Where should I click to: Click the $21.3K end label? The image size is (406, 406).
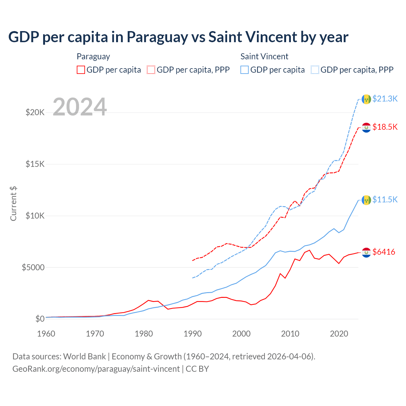pyautogui.click(x=385, y=99)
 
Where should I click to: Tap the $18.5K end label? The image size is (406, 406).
pyautogui.click(x=385, y=127)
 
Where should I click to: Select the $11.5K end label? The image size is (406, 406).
pyautogui.click(x=385, y=200)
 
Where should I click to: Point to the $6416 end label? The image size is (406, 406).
pyautogui.click(x=384, y=252)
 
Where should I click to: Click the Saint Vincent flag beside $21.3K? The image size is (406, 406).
pyautogui.click(x=366, y=99)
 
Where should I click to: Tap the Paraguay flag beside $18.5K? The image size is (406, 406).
pyautogui.click(x=366, y=128)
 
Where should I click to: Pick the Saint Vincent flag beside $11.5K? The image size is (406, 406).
pyautogui.click(x=366, y=200)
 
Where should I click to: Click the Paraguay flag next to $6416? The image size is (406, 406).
pyautogui.click(x=366, y=252)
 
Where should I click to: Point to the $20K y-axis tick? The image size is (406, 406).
pyautogui.click(x=35, y=112)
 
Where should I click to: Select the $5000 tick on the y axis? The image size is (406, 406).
pyautogui.click(x=33, y=267)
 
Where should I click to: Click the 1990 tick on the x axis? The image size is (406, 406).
pyautogui.click(x=193, y=334)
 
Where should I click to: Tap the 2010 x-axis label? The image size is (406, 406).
pyautogui.click(x=290, y=334)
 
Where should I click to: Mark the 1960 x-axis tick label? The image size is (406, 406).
pyautogui.click(x=46, y=334)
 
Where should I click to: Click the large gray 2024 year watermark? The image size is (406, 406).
pyautogui.click(x=80, y=107)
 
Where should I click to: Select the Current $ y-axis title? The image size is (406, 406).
pyautogui.click(x=13, y=204)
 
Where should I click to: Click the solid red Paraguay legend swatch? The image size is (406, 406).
pyautogui.click(x=81, y=70)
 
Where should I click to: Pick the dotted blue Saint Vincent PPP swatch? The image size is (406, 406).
pyautogui.click(x=315, y=70)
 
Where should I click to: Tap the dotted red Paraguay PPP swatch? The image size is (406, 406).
pyautogui.click(x=151, y=70)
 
